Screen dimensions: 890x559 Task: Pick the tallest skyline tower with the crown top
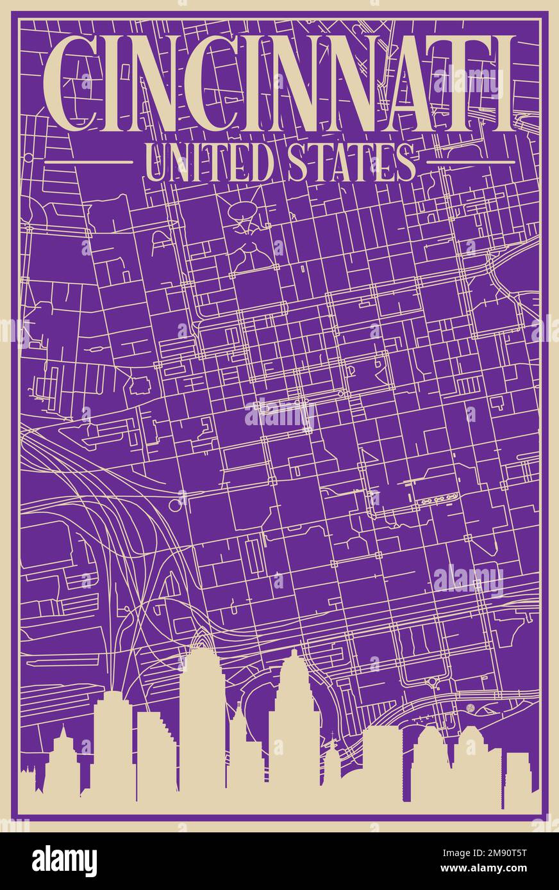coord(201,717)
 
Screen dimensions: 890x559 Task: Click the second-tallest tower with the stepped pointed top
coord(294,724)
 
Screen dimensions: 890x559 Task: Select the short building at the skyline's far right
coord(517,778)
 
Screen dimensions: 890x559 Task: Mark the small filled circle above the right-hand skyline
coord(471,707)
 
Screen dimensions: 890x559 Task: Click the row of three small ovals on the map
coord(436,498)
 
